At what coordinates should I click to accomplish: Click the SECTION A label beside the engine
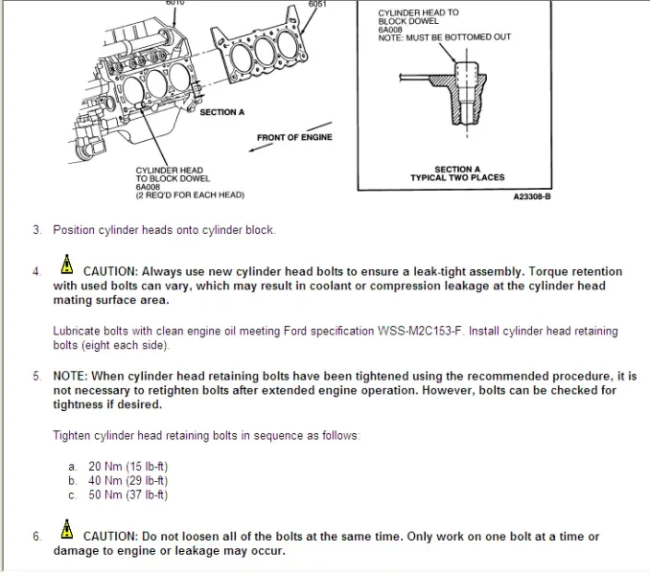pyautogui.click(x=221, y=112)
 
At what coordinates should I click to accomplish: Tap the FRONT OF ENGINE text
pyautogui.click(x=294, y=137)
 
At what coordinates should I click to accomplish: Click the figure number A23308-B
pyautogui.click(x=532, y=195)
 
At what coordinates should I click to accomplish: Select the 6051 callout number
pyautogui.click(x=317, y=5)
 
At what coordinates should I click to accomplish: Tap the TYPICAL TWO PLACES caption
pyautogui.click(x=457, y=178)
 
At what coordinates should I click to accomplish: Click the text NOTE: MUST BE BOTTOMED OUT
pyautogui.click(x=444, y=37)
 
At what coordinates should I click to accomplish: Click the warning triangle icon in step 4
pyautogui.click(x=67, y=265)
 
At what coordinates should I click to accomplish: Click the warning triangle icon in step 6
pyautogui.click(x=67, y=530)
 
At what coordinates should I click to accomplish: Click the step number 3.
pyautogui.click(x=36, y=230)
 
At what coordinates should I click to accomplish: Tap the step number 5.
pyautogui.click(x=36, y=377)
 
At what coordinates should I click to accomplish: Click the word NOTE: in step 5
pyautogui.click(x=73, y=377)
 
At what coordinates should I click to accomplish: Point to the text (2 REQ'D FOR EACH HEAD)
pyautogui.click(x=190, y=195)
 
